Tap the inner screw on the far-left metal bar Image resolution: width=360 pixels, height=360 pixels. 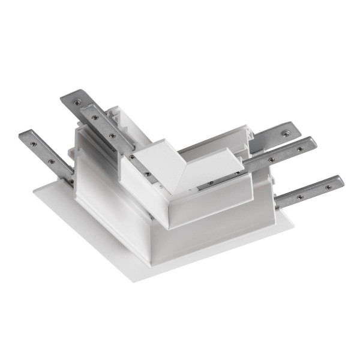(52, 161)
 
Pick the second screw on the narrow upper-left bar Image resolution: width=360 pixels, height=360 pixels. (112, 136)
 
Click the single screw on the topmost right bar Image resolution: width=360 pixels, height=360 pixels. (287, 130)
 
